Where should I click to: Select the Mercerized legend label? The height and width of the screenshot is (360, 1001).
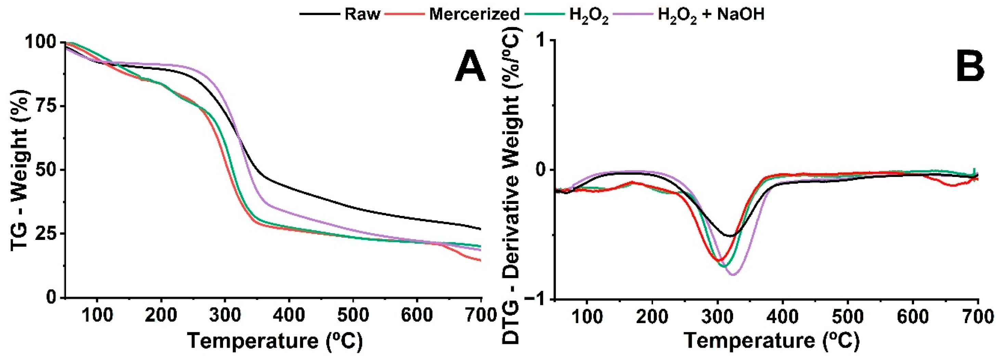click(x=474, y=14)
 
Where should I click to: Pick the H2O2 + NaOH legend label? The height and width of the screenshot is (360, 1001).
click(x=711, y=15)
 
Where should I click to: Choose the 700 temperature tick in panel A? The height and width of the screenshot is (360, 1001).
click(x=481, y=315)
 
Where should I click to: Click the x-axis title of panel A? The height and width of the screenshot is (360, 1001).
click(x=275, y=340)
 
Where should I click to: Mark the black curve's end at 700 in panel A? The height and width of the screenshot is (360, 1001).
click(x=480, y=229)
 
